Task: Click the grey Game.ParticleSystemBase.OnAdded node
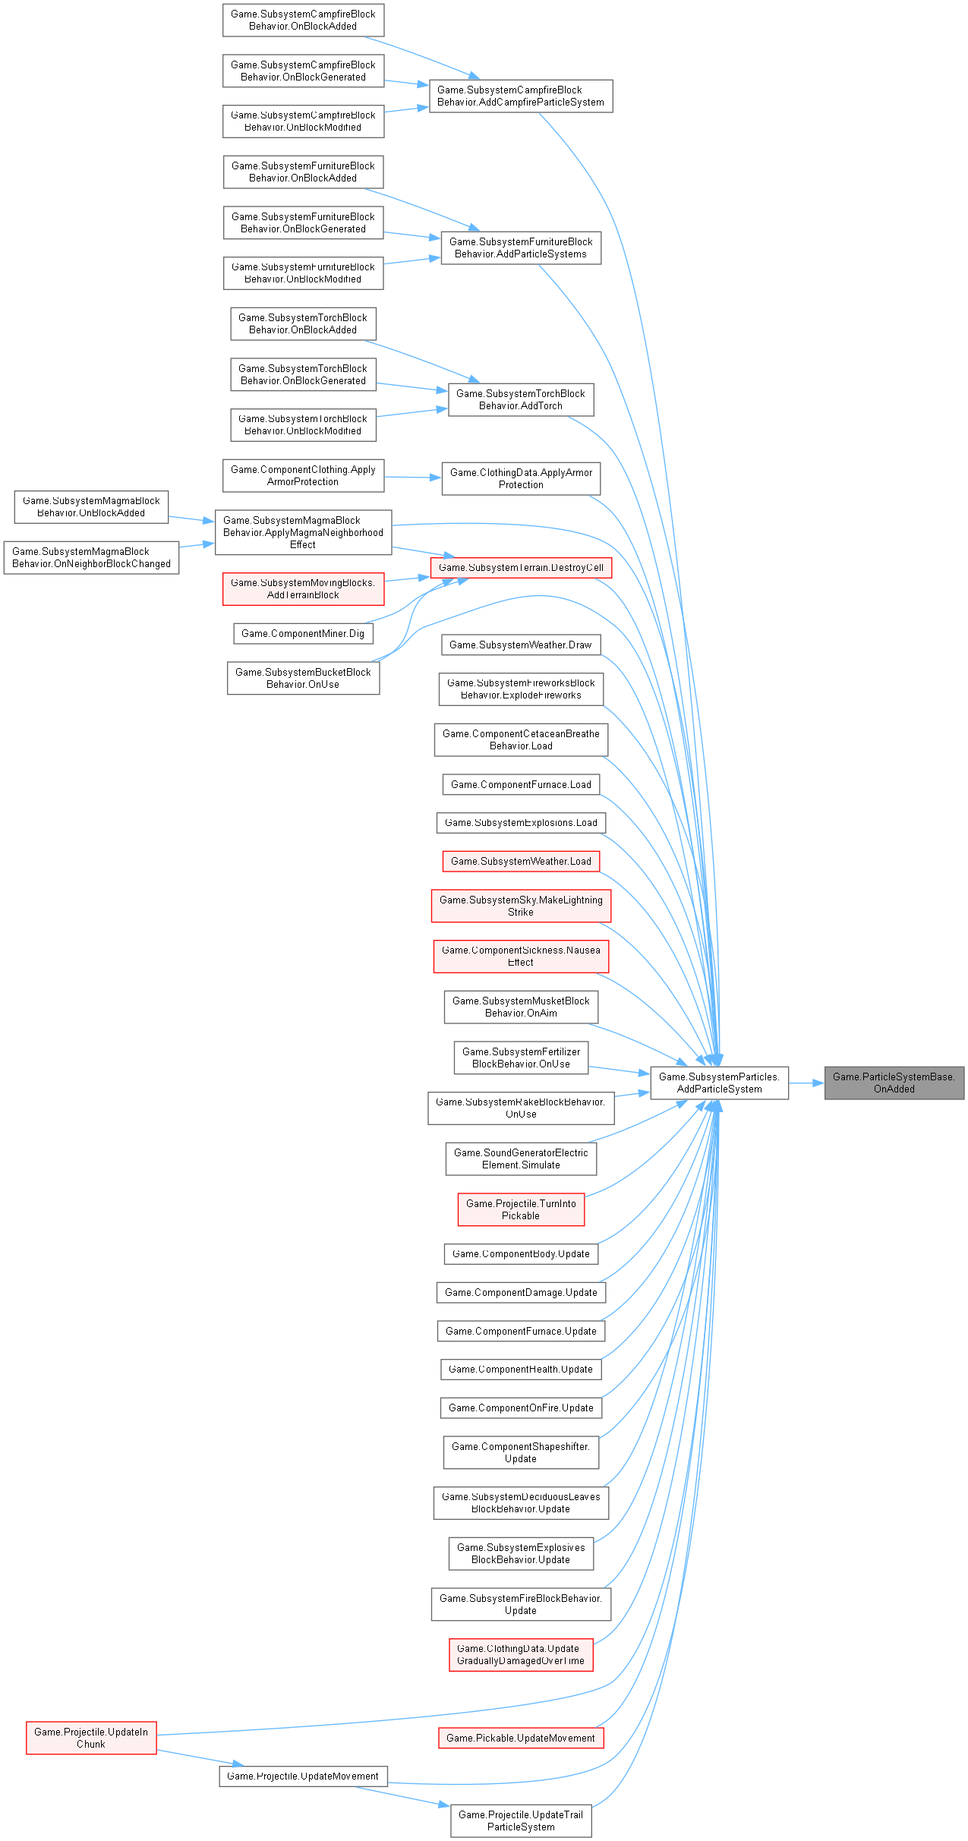(894, 1083)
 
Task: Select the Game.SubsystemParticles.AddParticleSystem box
(719, 1083)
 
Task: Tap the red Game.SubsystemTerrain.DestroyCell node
(521, 567)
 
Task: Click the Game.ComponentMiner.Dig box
(302, 633)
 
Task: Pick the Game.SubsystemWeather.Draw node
(521, 645)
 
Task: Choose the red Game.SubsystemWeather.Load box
(521, 861)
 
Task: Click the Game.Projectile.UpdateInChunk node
(91, 1738)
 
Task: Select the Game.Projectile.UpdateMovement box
(303, 1776)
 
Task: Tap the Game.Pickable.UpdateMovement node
(521, 1738)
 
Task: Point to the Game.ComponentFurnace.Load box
(521, 784)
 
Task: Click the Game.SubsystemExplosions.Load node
(521, 822)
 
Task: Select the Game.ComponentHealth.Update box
(521, 1369)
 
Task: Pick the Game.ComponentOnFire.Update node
(521, 1408)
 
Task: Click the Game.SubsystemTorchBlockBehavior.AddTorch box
(521, 399)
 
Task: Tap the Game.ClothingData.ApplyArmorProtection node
(521, 478)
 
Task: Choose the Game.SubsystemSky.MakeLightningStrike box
(521, 906)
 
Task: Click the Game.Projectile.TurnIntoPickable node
(521, 1209)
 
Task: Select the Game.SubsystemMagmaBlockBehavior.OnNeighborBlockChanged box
(91, 557)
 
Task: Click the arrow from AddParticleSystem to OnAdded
(807, 1083)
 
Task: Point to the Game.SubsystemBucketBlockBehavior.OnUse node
(303, 678)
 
